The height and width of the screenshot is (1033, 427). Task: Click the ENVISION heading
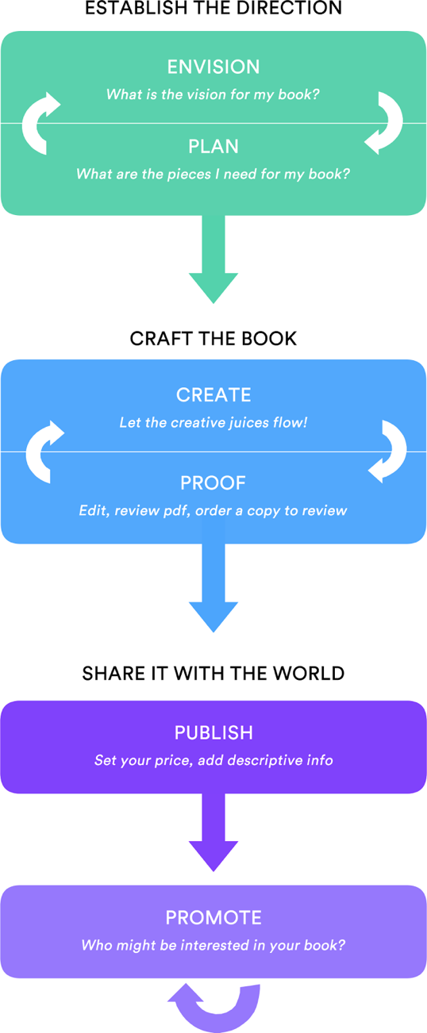point(213,67)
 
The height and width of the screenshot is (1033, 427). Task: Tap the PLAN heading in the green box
point(213,147)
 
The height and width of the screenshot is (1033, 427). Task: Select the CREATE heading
point(213,395)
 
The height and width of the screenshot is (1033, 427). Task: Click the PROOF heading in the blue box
point(213,483)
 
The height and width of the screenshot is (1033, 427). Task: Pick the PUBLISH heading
point(213,733)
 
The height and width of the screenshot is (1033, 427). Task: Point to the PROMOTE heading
point(213,918)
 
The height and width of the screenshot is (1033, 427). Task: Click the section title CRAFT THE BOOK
point(213,339)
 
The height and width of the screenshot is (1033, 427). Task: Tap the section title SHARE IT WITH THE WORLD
point(213,674)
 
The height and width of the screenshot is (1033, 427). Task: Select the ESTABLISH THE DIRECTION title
point(213,8)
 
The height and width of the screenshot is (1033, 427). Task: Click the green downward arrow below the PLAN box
point(213,259)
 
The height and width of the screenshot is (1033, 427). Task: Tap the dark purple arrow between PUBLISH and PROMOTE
point(213,832)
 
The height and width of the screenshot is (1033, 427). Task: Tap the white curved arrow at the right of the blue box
point(399,451)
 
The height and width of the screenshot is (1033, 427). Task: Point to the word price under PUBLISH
point(171,761)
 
